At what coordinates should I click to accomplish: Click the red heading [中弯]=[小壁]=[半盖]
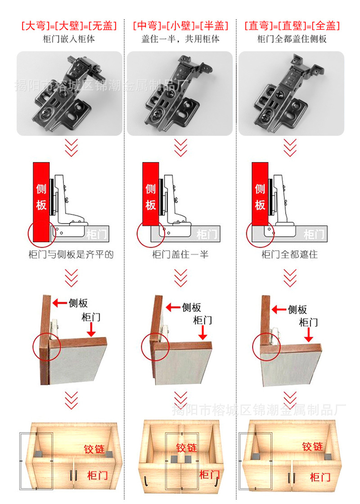tap(180, 26)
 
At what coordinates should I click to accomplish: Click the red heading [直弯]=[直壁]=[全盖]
tap(292, 26)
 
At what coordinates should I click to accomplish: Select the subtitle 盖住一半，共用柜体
tap(180, 39)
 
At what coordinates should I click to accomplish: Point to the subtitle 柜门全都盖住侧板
tap(292, 39)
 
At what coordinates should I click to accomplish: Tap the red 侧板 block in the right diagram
tap(260, 193)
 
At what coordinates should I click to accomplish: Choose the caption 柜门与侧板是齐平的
tap(71, 254)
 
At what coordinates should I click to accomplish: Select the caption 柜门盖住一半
tap(180, 254)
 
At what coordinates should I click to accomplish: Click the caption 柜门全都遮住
tap(289, 254)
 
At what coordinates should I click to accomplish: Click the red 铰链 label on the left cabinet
tap(95, 449)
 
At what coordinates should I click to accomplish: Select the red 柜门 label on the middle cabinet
tap(209, 474)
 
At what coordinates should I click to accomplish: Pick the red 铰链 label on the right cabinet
tap(313, 446)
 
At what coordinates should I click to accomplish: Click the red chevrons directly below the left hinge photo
tap(71, 147)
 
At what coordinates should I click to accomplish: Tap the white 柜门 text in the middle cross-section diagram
tap(206, 234)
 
